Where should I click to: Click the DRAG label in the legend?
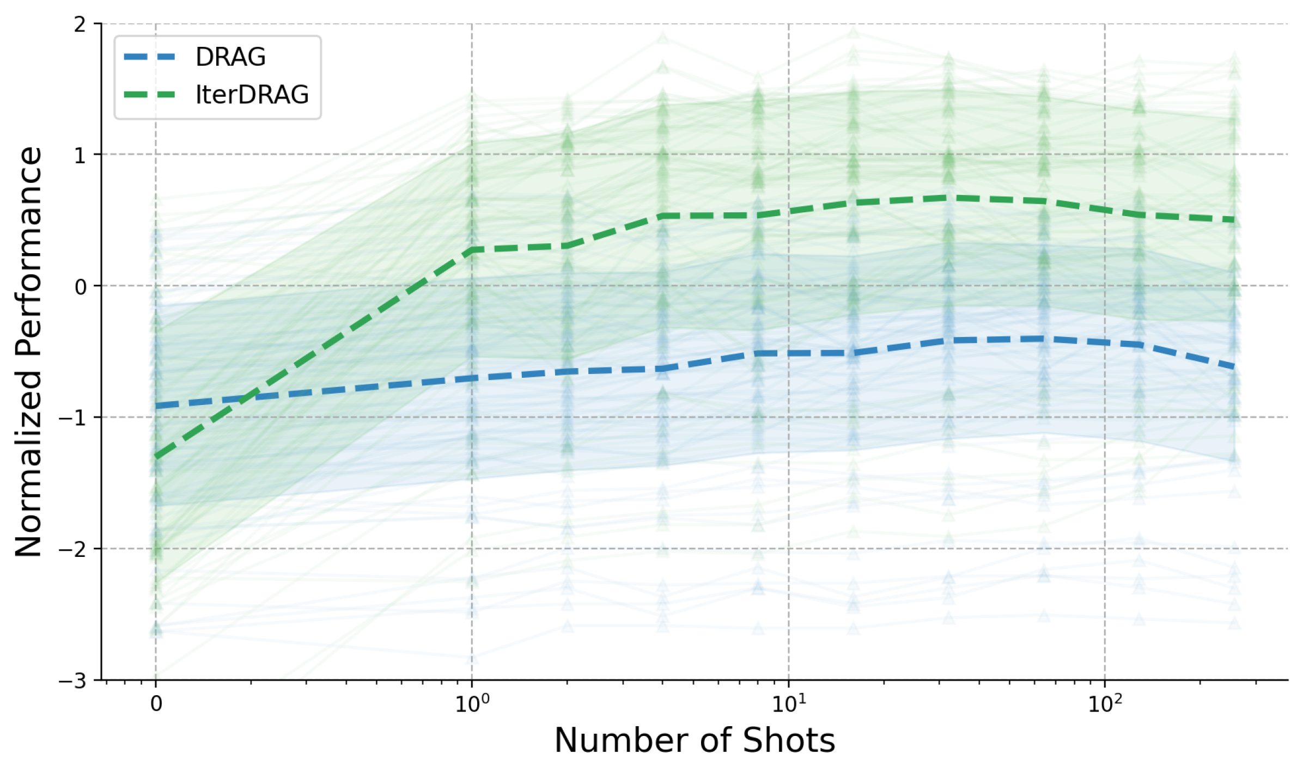[x=230, y=57]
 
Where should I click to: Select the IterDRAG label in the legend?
[x=252, y=95]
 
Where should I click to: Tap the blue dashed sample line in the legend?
[x=150, y=57]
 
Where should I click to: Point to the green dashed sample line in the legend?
[x=150, y=95]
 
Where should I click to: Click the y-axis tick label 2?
[x=80, y=24]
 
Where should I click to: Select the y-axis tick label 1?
[x=80, y=156]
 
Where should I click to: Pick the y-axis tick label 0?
[x=80, y=287]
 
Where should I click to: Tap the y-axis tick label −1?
[x=74, y=418]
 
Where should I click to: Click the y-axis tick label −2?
[x=74, y=549]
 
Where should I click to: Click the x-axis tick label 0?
[x=156, y=704]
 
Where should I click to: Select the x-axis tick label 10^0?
[x=472, y=704]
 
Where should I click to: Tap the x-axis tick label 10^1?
[x=788, y=704]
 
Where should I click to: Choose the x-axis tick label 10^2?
[x=1105, y=704]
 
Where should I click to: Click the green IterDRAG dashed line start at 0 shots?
[x=156, y=457]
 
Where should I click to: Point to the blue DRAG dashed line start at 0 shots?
[x=156, y=406]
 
